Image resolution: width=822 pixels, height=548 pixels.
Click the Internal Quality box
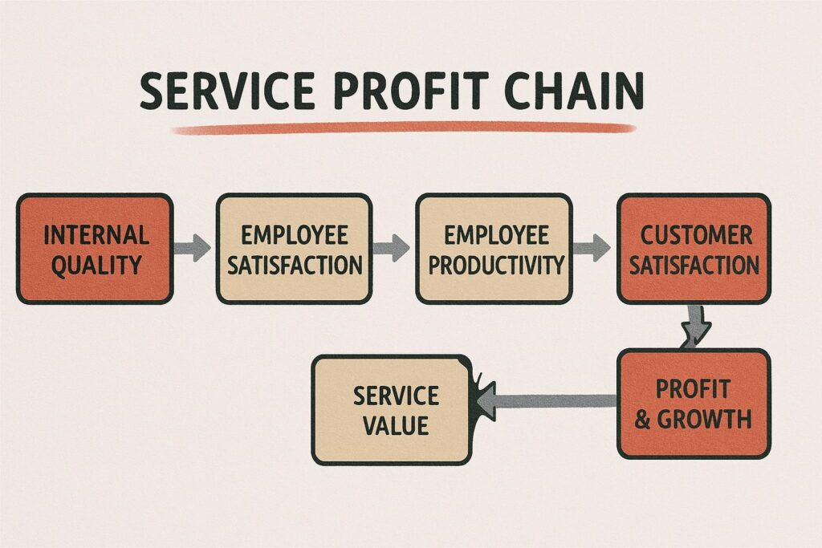point(95,249)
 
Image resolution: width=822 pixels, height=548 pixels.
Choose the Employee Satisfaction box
point(294,249)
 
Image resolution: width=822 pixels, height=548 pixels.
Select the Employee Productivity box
point(494,249)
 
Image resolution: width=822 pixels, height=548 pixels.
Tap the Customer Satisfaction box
point(694,249)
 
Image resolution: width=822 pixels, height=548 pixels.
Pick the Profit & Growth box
point(694,404)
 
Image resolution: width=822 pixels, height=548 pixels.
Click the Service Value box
point(391,410)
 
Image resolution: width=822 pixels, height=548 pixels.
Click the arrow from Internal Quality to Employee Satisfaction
point(193,246)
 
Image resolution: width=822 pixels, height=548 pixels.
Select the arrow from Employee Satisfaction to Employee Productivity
point(393,247)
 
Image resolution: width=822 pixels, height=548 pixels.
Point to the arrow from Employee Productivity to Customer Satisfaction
point(592,246)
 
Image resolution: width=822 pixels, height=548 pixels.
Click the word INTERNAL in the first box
point(96,236)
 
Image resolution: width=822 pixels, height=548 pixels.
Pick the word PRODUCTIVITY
point(494,264)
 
